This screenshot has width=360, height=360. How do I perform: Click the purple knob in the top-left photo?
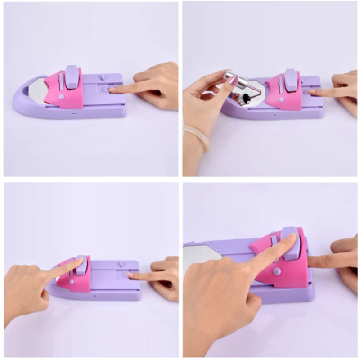click(x=73, y=77)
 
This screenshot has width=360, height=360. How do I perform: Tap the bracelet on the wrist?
click(x=196, y=137)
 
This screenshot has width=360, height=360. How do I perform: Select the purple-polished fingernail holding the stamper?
click(x=234, y=81)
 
